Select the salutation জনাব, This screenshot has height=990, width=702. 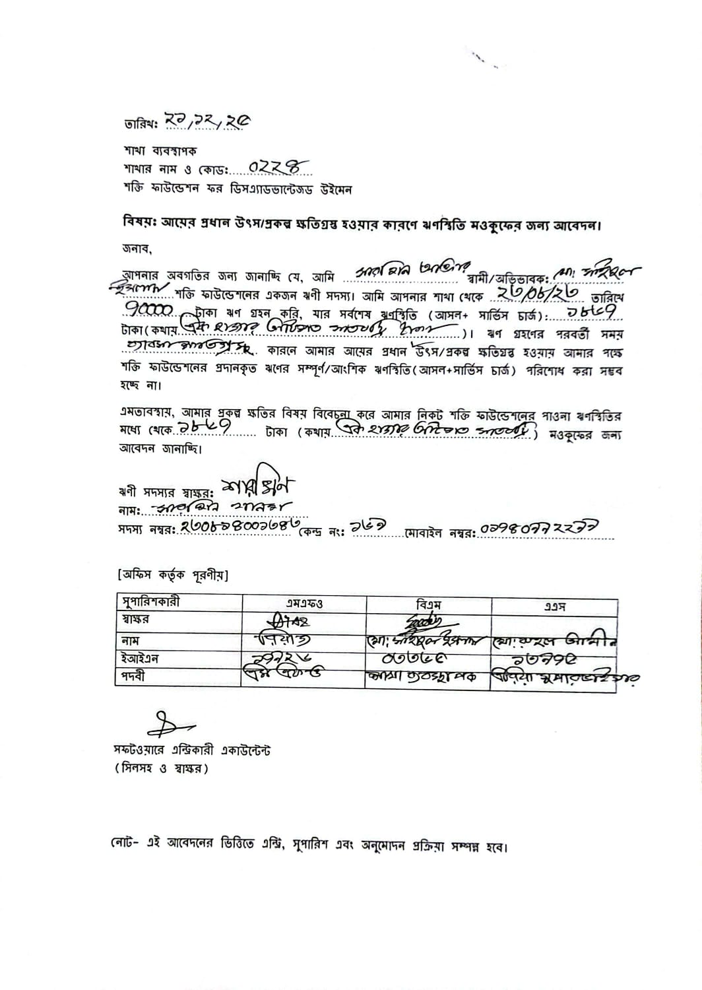[137, 249]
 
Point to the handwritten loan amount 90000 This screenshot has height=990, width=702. [150, 310]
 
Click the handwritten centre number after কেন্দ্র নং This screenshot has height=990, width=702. [372, 526]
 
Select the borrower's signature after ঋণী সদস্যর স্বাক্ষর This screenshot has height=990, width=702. [258, 488]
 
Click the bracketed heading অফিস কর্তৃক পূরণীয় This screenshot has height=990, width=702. [173, 576]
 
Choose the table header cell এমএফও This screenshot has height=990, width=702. [304, 604]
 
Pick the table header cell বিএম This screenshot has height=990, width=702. [429, 604]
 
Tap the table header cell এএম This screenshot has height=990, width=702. [554, 605]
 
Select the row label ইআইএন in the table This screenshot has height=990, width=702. [140, 658]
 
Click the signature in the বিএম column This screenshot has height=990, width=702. [425, 621]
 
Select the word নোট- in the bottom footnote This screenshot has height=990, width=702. [125, 845]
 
